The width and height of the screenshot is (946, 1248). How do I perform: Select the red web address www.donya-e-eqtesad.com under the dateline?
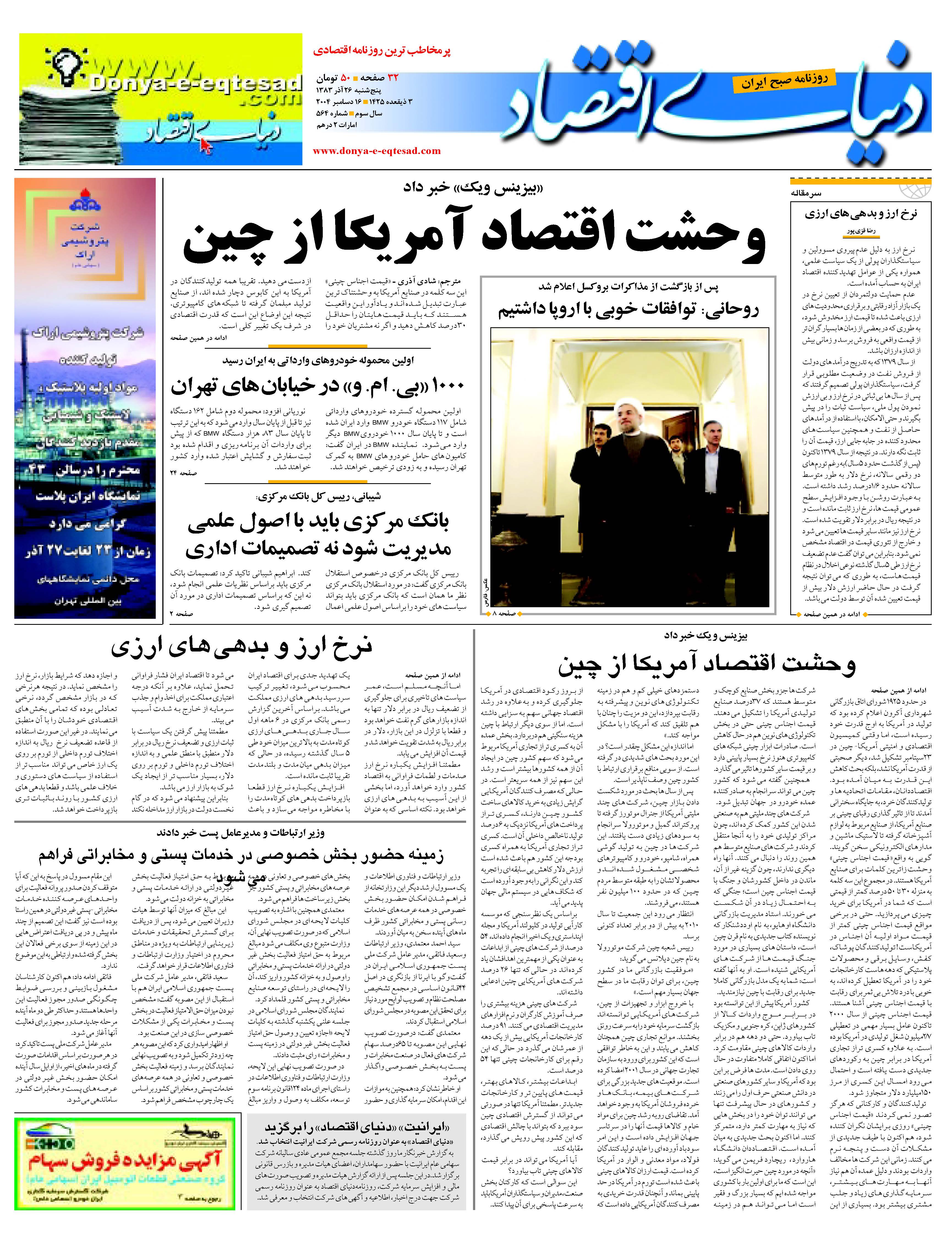tap(376, 151)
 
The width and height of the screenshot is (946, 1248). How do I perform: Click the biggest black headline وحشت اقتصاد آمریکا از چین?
tap(474, 240)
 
